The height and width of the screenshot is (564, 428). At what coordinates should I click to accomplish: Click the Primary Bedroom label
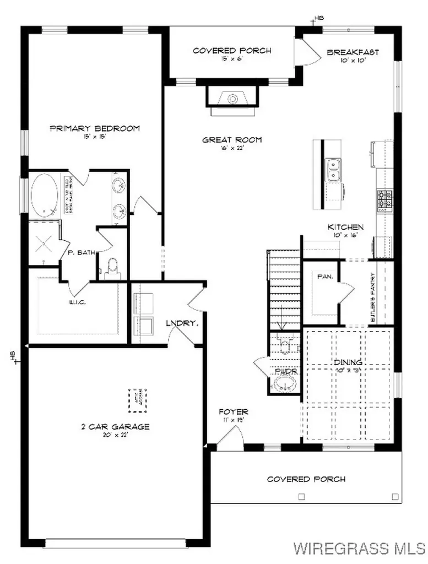(x=94, y=128)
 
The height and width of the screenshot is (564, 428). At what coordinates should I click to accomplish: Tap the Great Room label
(x=231, y=140)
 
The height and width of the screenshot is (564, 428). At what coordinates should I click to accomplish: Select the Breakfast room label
(x=353, y=52)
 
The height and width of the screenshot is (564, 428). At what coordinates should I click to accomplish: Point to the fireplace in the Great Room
(x=231, y=100)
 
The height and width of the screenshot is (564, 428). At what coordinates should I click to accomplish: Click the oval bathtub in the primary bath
(x=44, y=196)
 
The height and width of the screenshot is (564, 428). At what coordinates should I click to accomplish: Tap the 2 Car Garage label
(x=115, y=426)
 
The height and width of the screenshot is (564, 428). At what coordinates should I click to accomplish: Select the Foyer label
(x=234, y=411)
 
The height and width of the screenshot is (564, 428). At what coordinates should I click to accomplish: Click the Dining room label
(x=348, y=362)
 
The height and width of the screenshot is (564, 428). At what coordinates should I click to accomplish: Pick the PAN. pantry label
(x=323, y=277)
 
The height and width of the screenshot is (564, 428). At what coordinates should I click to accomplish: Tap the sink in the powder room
(x=285, y=383)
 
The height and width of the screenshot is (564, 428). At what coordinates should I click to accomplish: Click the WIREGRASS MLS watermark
(x=359, y=548)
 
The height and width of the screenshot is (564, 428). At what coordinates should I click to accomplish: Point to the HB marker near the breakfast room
(x=318, y=19)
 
